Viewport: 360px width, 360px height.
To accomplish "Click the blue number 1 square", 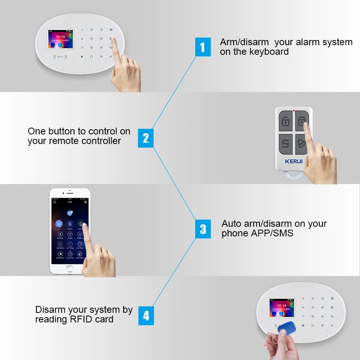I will tap(202, 47).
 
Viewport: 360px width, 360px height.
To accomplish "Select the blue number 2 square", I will tap(146, 138).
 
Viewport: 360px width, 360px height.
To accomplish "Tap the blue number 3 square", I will tap(203, 229).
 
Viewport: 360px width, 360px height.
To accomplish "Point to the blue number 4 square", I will tap(146, 316).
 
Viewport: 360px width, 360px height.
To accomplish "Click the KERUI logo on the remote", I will tap(293, 162).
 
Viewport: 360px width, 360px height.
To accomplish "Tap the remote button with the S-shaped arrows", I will tap(285, 143).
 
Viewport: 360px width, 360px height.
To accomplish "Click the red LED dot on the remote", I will tap(294, 110).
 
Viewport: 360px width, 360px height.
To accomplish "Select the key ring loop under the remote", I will tap(293, 176).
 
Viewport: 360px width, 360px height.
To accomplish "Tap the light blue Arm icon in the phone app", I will tap(59, 224).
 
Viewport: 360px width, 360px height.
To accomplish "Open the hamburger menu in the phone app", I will tap(54, 202).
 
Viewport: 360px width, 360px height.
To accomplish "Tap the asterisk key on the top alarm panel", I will tap(82, 56).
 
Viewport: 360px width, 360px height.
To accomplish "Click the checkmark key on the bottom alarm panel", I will tap(332, 325).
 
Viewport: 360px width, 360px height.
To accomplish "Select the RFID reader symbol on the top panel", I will tap(60, 57).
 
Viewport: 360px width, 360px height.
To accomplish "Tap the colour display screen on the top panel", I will tap(59, 40).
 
